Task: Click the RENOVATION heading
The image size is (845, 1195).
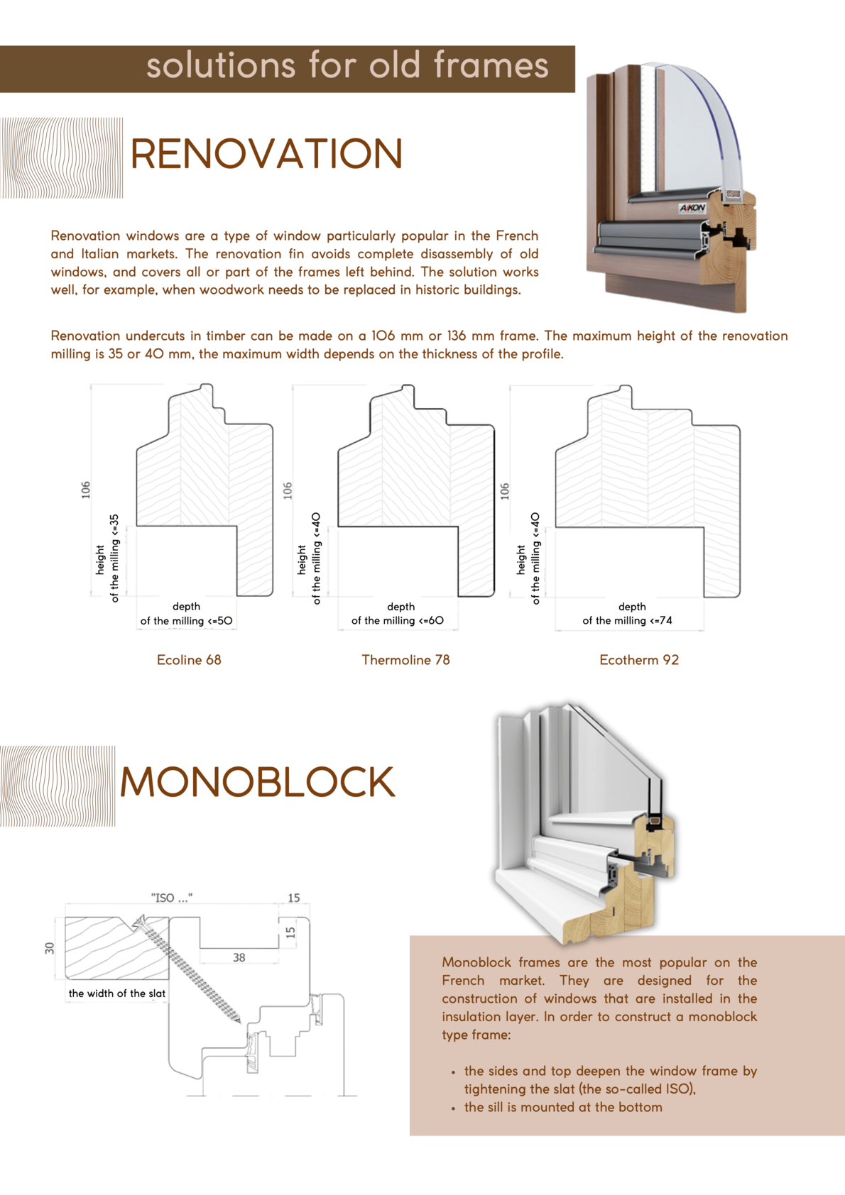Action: pyautogui.click(x=266, y=154)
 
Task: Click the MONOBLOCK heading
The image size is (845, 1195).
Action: pyautogui.click(x=256, y=782)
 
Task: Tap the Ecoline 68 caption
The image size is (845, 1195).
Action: pyautogui.click(x=189, y=660)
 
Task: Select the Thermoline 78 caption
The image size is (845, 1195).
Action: pyautogui.click(x=405, y=660)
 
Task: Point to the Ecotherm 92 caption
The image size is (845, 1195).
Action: pyautogui.click(x=639, y=660)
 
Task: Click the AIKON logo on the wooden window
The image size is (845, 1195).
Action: pyautogui.click(x=692, y=208)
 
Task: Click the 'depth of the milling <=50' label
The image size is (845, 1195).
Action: pyautogui.click(x=186, y=614)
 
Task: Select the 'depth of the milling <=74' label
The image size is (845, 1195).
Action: pyautogui.click(x=628, y=614)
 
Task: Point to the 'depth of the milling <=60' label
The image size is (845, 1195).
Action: pyautogui.click(x=398, y=614)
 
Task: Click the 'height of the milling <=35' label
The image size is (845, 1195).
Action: pyautogui.click(x=107, y=559)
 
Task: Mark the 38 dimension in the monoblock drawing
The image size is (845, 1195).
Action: pyautogui.click(x=239, y=957)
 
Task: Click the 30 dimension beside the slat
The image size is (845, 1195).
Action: pyautogui.click(x=50, y=948)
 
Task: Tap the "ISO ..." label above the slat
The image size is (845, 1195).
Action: pyautogui.click(x=171, y=898)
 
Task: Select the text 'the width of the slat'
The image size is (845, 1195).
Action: pyautogui.click(x=117, y=993)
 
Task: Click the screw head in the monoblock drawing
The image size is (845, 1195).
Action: pyautogui.click(x=138, y=923)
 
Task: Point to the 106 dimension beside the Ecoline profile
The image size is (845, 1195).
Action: pyautogui.click(x=86, y=490)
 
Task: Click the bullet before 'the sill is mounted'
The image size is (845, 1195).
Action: pyautogui.click(x=453, y=1108)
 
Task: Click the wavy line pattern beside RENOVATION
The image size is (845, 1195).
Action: pyautogui.click(x=62, y=158)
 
